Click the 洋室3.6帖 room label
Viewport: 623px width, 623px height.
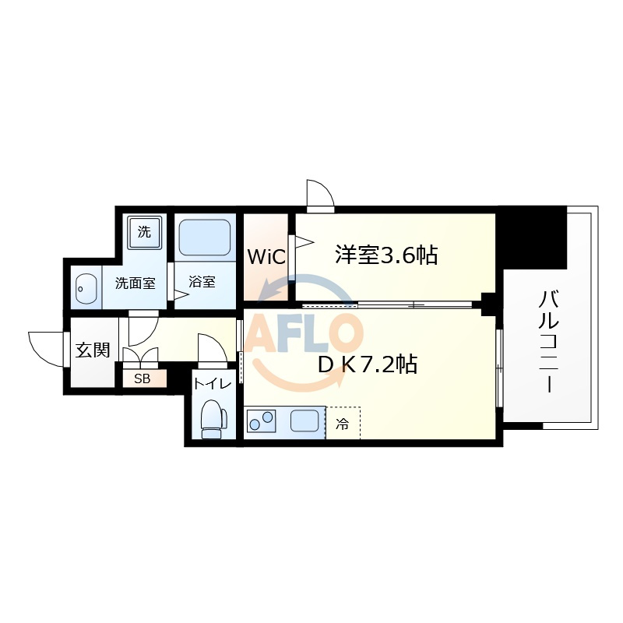click(386, 255)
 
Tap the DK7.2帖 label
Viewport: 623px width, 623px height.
click(368, 364)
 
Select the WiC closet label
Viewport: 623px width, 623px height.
click(266, 257)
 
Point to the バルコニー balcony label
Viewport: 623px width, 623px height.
click(549, 342)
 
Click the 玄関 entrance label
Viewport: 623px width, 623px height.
click(93, 350)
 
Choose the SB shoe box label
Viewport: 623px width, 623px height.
click(143, 379)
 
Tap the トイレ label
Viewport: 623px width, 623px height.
click(213, 384)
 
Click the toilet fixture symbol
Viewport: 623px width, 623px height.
click(213, 419)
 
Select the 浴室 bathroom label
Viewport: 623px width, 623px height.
click(202, 282)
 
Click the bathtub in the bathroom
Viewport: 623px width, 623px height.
click(205, 238)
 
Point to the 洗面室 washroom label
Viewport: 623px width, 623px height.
click(135, 283)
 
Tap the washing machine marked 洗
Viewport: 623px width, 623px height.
click(145, 232)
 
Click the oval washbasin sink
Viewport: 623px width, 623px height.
click(86, 288)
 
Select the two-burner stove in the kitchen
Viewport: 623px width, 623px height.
click(262, 421)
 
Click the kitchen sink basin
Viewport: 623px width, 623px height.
click(304, 421)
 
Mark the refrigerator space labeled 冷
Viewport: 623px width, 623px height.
click(343, 423)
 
